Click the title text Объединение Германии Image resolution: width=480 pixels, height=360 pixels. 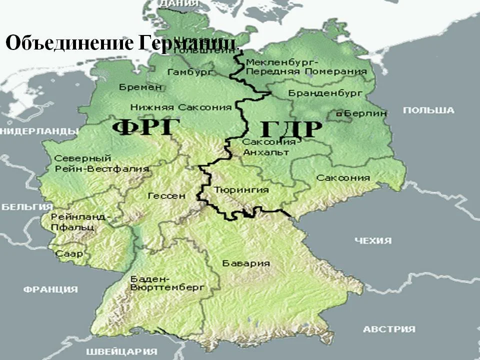click(x=120, y=43)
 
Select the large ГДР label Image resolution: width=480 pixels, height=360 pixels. click(x=291, y=129)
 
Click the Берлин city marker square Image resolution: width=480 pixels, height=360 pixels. click(x=339, y=114)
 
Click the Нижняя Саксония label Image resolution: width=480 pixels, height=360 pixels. click(x=181, y=107)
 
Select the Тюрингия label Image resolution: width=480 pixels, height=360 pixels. click(x=241, y=190)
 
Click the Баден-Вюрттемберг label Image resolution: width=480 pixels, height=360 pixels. click(x=167, y=283)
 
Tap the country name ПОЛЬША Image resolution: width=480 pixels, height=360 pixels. click(x=428, y=110)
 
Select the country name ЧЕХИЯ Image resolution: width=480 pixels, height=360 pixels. click(x=373, y=241)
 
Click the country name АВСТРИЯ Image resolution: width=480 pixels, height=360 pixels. click(x=389, y=329)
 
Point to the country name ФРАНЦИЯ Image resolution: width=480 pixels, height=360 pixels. click(x=50, y=289)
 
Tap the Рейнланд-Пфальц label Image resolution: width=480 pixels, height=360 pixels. click(x=79, y=222)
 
